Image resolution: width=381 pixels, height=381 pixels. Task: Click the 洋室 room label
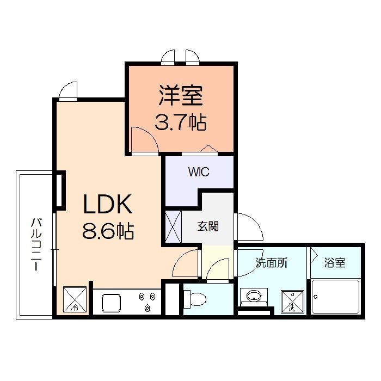(181, 95)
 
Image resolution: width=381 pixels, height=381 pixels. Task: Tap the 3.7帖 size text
(181, 123)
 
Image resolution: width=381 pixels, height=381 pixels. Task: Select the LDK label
(107, 205)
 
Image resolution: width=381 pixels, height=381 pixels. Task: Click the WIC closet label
(199, 173)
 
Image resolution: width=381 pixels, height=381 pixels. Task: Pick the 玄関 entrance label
(208, 225)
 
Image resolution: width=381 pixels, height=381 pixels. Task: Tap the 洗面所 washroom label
(272, 263)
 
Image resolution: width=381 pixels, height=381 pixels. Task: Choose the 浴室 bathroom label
(334, 263)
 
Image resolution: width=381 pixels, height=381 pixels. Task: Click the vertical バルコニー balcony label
(37, 244)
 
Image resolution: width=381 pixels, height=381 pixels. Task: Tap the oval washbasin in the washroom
(254, 297)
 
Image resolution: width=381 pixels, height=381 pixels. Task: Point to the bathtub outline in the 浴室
(335, 297)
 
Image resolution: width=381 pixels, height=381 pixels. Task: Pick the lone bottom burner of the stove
(148, 309)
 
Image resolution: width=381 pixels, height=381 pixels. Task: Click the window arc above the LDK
(69, 90)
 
